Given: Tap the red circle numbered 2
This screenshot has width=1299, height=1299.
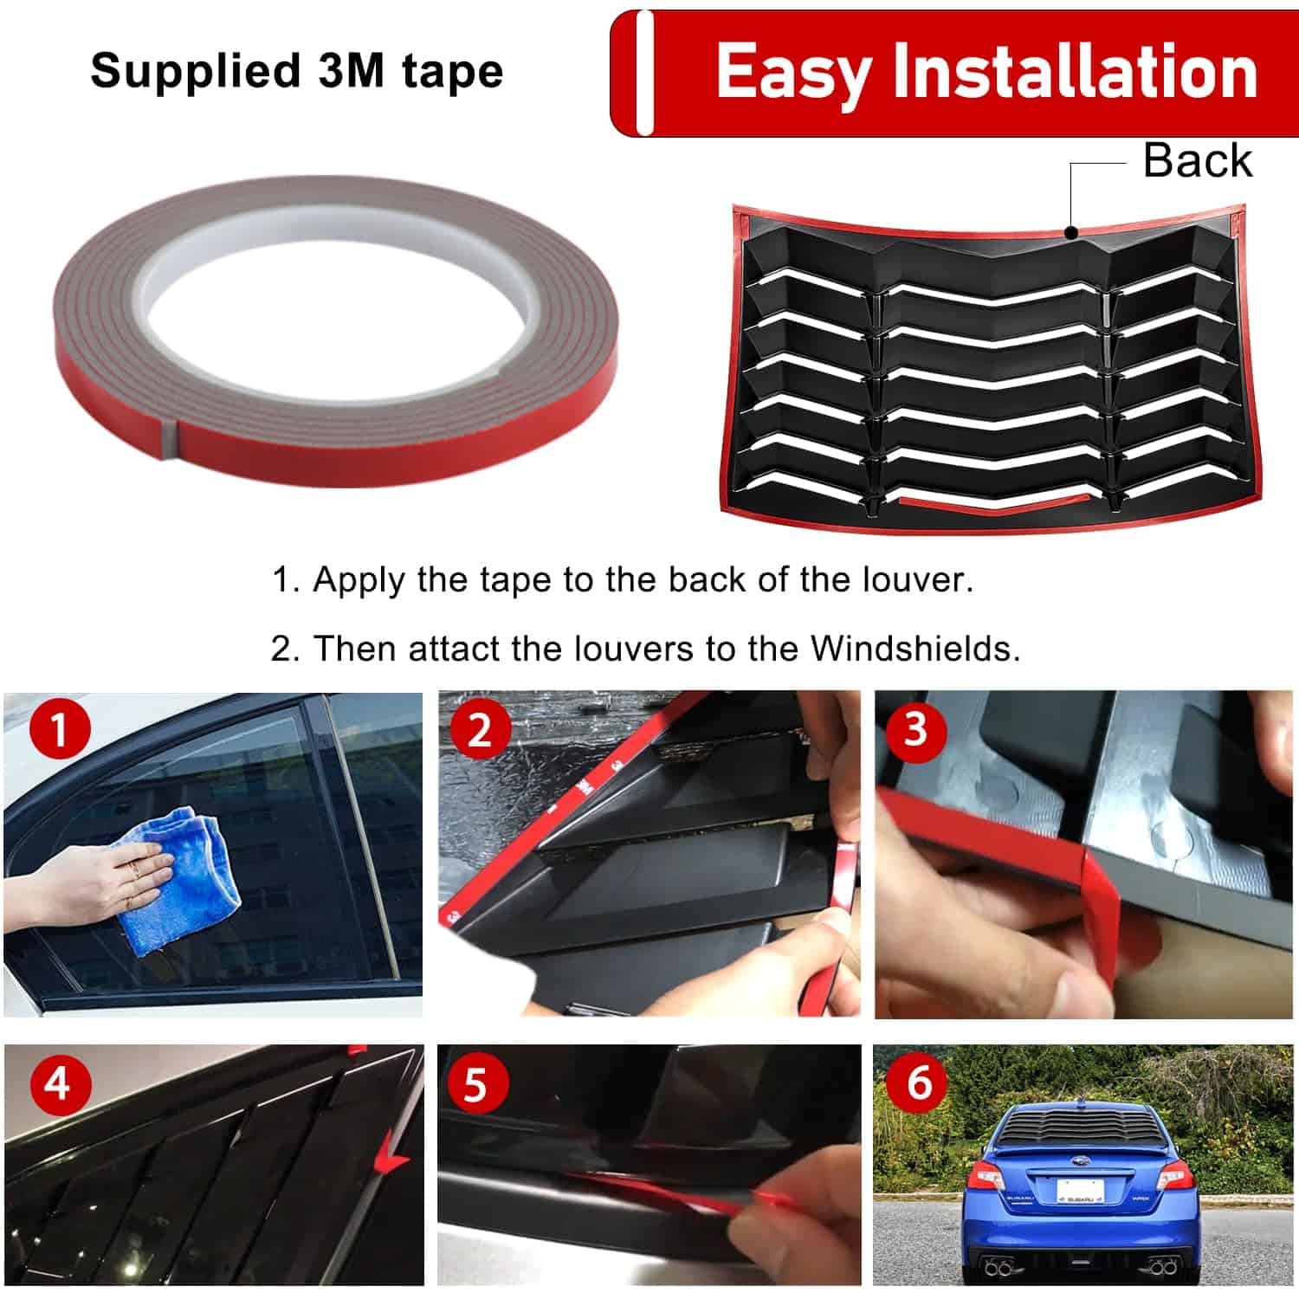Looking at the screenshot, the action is (479, 730).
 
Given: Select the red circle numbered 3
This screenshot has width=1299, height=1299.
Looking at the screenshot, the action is (915, 731).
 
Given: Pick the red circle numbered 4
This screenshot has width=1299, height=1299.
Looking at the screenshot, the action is (58, 1083).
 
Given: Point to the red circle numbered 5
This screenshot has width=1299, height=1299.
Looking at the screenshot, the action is (475, 1083).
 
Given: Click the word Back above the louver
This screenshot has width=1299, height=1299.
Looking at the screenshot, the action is (1198, 160).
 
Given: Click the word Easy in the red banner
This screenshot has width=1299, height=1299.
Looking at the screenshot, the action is (792, 75).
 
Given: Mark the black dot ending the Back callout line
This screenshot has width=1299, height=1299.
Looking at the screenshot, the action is (1072, 232).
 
